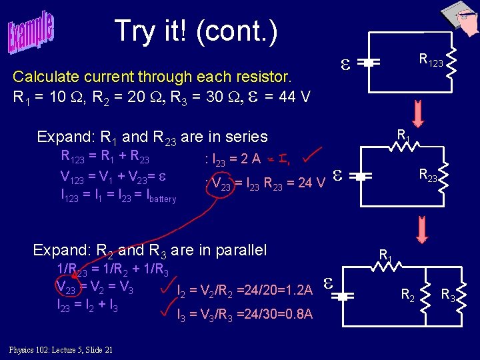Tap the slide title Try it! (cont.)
(196, 31)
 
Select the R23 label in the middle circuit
(429, 175)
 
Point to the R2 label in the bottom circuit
(407, 294)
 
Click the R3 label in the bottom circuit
(448, 294)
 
